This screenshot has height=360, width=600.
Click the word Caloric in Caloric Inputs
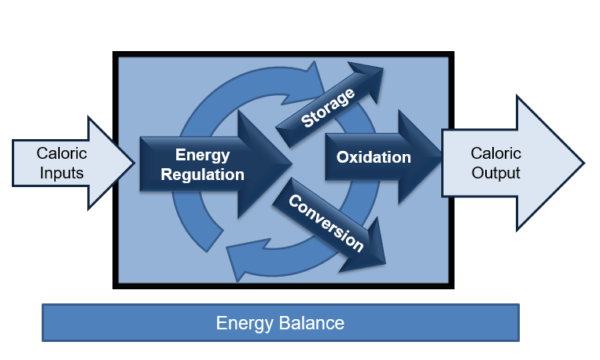tap(61, 153)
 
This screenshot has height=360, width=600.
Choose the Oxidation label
tap(373, 158)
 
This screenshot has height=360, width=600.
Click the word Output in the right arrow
tap(497, 172)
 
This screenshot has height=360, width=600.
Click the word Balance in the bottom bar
tap(311, 323)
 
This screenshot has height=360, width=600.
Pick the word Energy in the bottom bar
tap(242, 323)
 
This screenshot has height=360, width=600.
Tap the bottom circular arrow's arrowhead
tap(233, 264)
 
